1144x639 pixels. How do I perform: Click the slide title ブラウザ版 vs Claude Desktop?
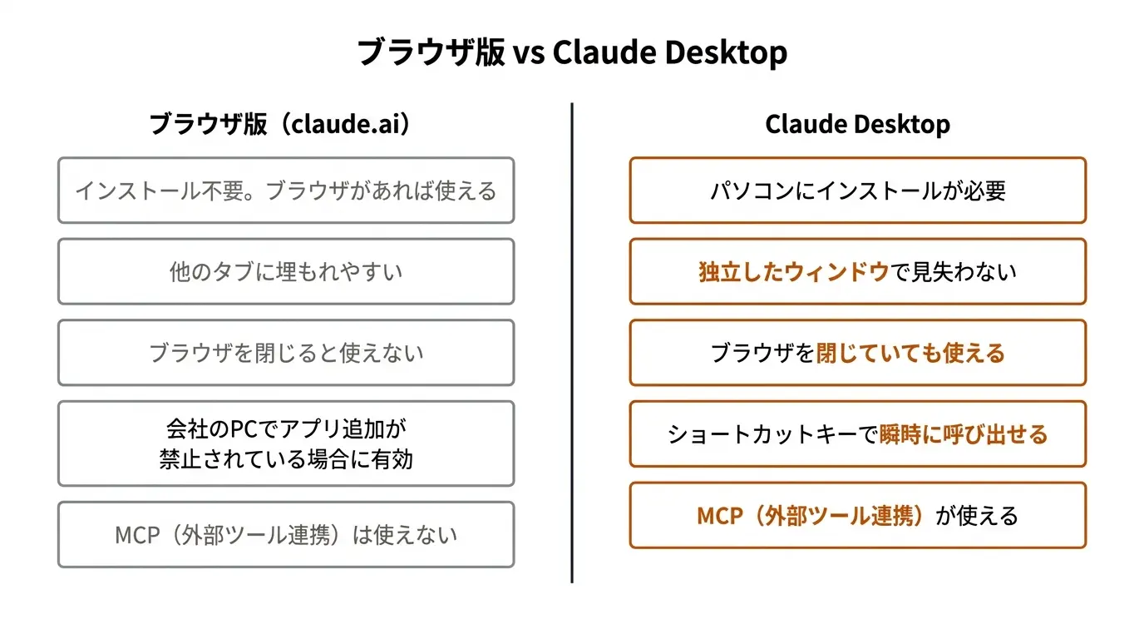pyautogui.click(x=572, y=52)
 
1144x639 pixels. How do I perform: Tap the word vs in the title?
pyautogui.click(x=528, y=54)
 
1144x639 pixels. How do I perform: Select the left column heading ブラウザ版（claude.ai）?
pyautogui.click(x=280, y=125)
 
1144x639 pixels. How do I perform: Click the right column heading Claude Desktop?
pyautogui.click(x=857, y=125)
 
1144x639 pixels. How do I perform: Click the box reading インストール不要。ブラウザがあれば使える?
pyautogui.click(x=286, y=191)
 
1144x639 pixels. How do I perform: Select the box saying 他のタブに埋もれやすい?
pyautogui.click(x=286, y=271)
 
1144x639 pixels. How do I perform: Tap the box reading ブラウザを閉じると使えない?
pyautogui.click(x=286, y=353)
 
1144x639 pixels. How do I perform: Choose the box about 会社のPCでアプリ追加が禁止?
pyautogui.click(x=286, y=443)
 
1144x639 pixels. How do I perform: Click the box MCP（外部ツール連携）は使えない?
pyautogui.click(x=286, y=534)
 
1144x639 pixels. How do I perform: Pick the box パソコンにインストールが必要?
pyautogui.click(x=857, y=191)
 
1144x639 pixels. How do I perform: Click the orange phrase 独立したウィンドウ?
pyautogui.click(x=794, y=272)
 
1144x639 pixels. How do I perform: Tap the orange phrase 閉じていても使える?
pyautogui.click(x=910, y=353)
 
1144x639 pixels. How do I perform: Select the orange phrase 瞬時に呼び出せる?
pyautogui.click(x=963, y=434)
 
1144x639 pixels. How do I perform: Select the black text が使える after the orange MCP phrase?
pyautogui.click(x=977, y=516)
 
